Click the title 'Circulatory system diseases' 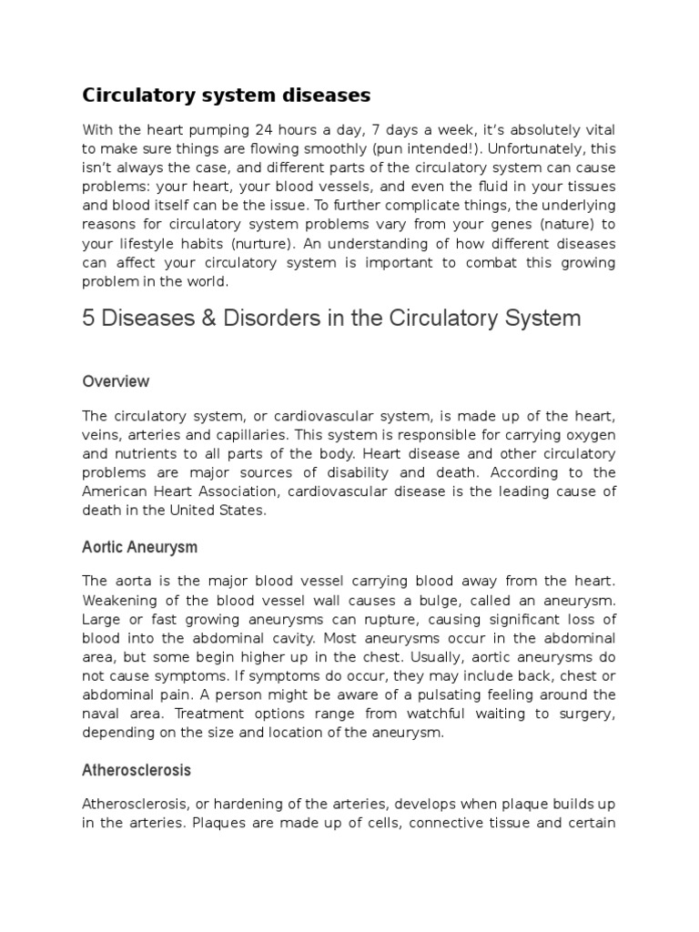227,96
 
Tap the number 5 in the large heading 88,319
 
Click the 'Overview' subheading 116,381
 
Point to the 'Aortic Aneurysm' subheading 139,548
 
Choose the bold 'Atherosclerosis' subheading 137,770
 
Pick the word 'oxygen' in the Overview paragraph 592,434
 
